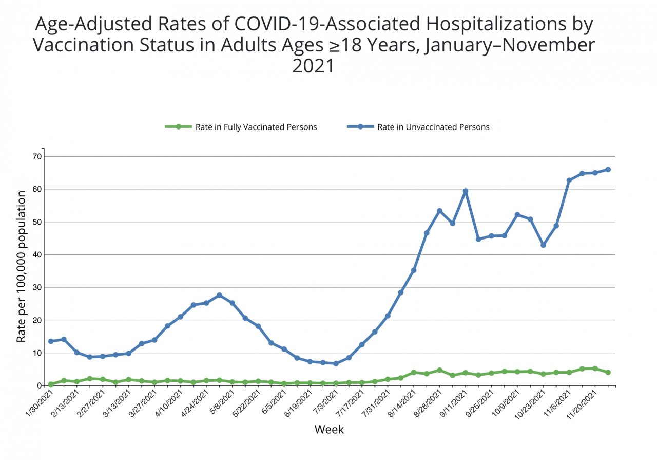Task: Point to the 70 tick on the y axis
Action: [37, 156]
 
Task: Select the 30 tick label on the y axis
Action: [37, 287]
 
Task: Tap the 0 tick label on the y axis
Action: [39, 385]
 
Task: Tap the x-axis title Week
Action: [329, 429]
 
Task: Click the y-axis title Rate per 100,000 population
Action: [21, 266]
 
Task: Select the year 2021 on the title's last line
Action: [313, 66]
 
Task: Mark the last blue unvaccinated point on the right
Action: [608, 169]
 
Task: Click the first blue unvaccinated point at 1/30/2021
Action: [51, 341]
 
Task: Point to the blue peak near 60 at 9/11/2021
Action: [466, 191]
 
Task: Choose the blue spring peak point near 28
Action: [219, 295]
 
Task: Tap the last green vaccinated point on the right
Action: [608, 372]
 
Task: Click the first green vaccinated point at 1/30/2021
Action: [51, 384]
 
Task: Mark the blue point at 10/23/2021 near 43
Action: [543, 245]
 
